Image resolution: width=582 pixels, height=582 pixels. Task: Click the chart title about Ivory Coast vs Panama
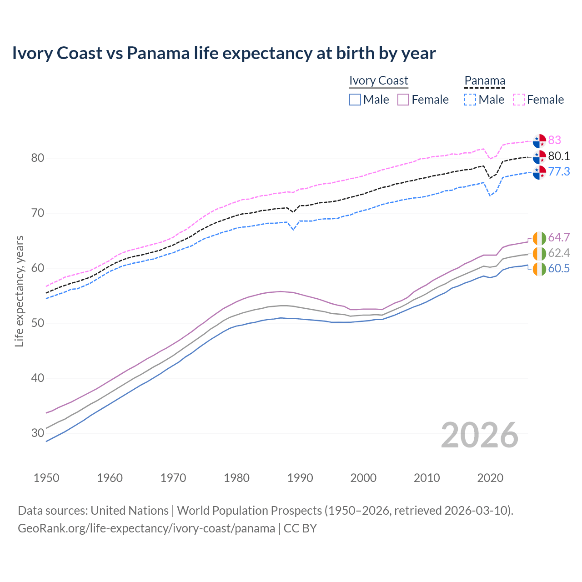(224, 53)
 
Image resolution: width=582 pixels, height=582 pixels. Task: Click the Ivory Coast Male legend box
(355, 100)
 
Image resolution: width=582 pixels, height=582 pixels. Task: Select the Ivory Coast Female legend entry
(423, 100)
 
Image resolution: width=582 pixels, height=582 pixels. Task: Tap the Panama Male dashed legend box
(470, 100)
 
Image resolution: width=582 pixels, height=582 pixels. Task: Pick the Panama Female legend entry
(539, 100)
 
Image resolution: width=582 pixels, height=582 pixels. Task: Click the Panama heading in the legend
(485, 80)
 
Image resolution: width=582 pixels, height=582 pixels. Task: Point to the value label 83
(555, 140)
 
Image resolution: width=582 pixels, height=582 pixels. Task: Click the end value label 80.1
(559, 156)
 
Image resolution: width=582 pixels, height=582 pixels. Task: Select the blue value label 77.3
(559, 171)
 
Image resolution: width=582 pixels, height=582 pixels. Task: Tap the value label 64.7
(559, 237)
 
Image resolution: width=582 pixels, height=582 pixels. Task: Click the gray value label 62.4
(559, 253)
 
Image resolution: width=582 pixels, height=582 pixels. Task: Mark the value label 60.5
(559, 268)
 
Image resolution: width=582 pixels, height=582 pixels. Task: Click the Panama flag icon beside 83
(539, 141)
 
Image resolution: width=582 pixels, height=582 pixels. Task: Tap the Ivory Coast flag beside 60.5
(539, 269)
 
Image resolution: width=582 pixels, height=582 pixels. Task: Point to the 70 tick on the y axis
(37, 213)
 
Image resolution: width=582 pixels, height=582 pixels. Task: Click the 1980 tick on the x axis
(236, 478)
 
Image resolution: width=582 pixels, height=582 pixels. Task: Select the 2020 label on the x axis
(490, 478)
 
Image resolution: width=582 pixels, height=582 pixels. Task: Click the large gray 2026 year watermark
(480, 435)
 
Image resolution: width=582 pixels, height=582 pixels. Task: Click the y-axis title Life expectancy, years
(19, 291)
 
